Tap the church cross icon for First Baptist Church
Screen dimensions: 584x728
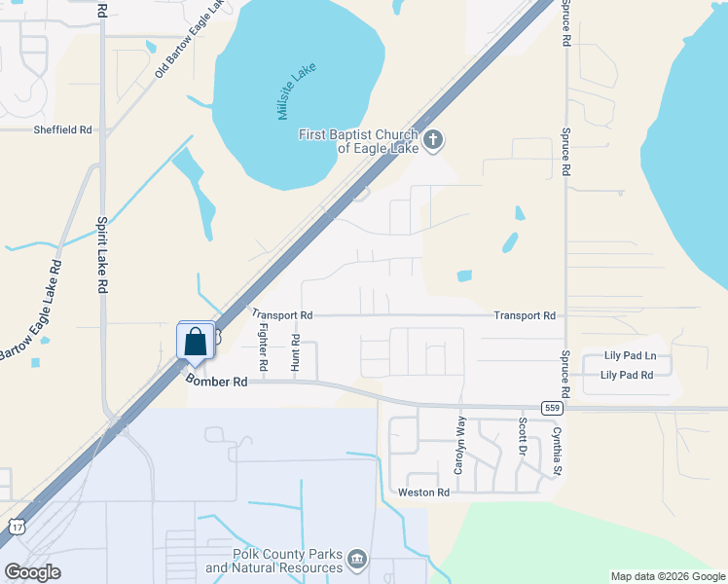(433, 141)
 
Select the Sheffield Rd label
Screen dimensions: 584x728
(62, 129)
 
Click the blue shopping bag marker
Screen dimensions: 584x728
(196, 342)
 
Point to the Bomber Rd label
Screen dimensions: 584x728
(217, 383)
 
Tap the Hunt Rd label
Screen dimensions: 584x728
(296, 352)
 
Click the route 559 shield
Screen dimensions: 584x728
(551, 408)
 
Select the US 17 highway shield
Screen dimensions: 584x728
(17, 527)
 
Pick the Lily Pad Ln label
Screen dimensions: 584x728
(630, 357)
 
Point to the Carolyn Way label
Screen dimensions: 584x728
(460, 446)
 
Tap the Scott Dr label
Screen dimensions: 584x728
(523, 437)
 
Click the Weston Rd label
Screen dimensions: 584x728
(423, 493)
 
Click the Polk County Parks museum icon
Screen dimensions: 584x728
(357, 560)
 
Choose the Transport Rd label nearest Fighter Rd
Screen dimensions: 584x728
(282, 315)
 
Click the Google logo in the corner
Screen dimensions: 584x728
(32, 572)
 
